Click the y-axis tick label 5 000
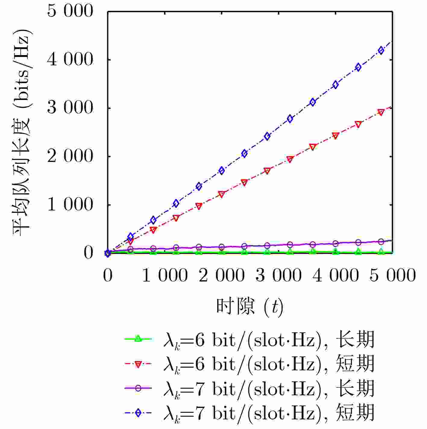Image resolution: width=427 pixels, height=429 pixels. coord(70,11)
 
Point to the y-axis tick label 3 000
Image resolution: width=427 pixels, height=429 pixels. coord(70,108)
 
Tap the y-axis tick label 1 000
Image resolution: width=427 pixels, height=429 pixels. coord(70,205)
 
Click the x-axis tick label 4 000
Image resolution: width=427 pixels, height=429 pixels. coord(336,275)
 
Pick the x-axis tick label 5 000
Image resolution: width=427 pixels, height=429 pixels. coord(393,275)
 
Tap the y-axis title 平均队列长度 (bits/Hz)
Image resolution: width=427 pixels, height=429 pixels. coord(22,132)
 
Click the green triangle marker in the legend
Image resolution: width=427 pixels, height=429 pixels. coord(138,339)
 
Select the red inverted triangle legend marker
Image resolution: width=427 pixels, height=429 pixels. coord(138,364)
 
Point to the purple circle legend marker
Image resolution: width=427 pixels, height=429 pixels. coord(138,389)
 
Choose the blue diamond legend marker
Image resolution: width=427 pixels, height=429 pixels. coord(138,413)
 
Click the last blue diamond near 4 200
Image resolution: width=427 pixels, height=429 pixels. coord(381,50)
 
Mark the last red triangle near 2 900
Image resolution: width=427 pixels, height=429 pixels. coord(381,112)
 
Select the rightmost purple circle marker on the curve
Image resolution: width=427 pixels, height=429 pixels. coord(381,242)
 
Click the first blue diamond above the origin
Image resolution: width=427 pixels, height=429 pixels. coord(130,237)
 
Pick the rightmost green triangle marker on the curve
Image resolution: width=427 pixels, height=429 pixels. coord(381,251)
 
